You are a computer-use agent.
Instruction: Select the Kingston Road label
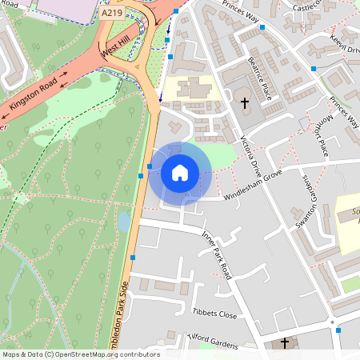pyautogui.click(x=34, y=94)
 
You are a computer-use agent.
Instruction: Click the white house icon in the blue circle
pyautogui.click(x=180, y=172)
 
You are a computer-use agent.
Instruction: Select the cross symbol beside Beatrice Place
pyautogui.click(x=245, y=102)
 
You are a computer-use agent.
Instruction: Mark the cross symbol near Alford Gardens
pyautogui.click(x=285, y=343)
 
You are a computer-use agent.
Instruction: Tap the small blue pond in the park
pyautogui.click(x=123, y=221)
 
